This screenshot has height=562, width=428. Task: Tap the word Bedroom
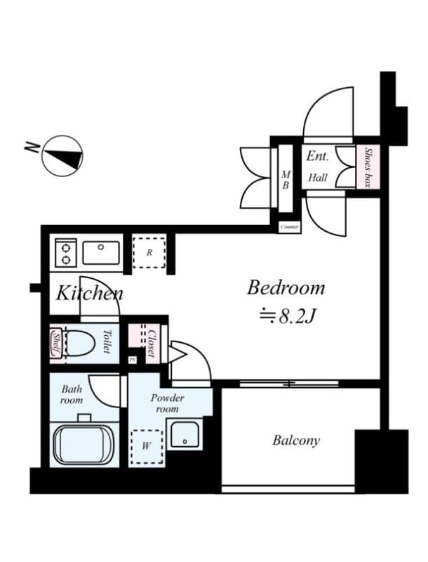pos(286,287)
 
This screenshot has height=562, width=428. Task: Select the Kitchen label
pos(89,293)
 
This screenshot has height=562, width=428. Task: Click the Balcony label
pos(296,441)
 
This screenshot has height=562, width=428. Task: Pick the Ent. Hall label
pos(317,167)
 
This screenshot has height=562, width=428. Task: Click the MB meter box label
pos(286,180)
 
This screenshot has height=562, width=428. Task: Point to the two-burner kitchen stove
pos(66,252)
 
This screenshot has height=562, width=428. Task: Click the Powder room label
pos(168,403)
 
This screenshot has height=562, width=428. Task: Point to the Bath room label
pos(72,394)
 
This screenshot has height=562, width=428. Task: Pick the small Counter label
pos(289,227)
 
